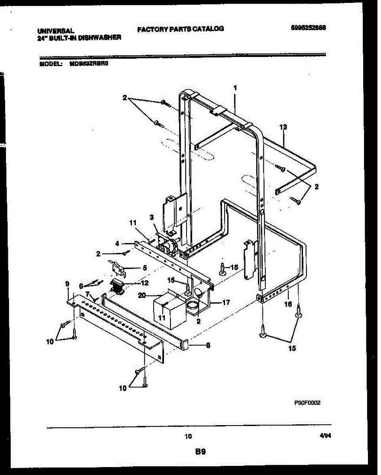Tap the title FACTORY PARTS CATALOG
coord(181,29)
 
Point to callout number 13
coord(283,127)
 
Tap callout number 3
coord(151,217)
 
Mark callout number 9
coord(67,283)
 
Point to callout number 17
coord(226,303)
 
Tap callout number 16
coord(288,304)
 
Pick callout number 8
coord(207,345)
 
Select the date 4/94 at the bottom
coord(324,435)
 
